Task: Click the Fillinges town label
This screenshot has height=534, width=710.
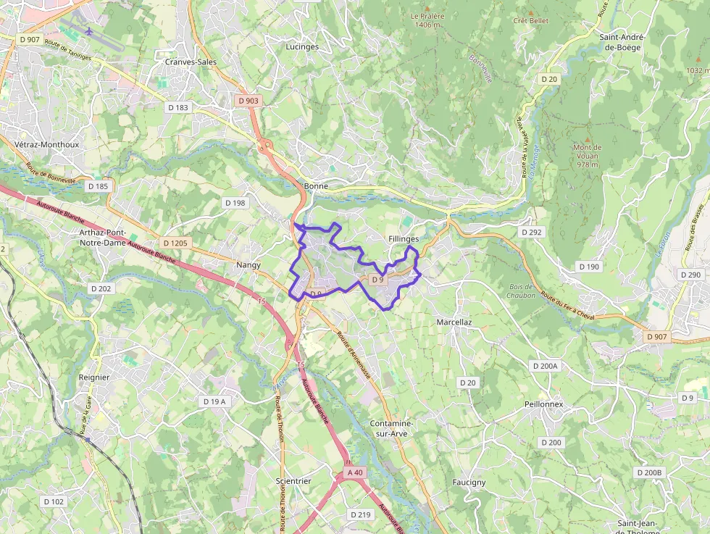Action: coord(404,238)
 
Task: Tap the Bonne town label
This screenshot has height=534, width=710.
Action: coord(316,186)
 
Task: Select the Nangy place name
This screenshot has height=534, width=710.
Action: coord(248,265)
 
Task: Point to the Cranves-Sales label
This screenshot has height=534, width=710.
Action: coord(191,62)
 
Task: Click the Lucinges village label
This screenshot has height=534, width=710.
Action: coord(302,46)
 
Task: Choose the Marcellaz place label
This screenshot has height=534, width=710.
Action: coord(455,322)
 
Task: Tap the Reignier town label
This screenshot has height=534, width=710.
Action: coord(94,377)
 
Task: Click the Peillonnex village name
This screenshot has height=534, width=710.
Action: coord(544,404)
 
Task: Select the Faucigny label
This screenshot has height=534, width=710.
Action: coord(469,483)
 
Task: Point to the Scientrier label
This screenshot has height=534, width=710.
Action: coord(293,481)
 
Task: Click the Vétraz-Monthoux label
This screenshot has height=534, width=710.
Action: coord(46,145)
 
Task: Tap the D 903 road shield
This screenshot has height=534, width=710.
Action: coord(248,101)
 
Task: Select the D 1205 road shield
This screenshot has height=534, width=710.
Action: coord(175,243)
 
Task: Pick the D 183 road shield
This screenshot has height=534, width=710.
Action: coord(177,108)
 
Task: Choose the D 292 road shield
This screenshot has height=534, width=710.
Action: coord(531,233)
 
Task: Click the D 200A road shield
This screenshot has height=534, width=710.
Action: coord(545,366)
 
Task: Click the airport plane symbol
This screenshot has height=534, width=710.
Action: coord(89,31)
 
